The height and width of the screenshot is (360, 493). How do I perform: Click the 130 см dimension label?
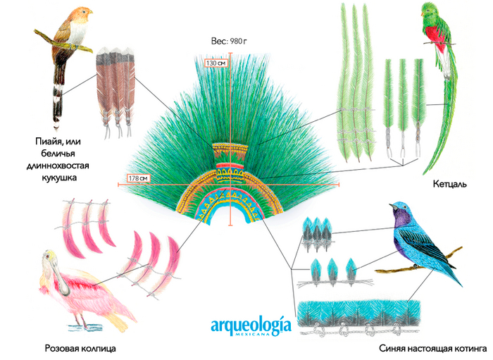[x=216, y=63]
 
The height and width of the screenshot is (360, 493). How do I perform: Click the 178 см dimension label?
[x=138, y=178]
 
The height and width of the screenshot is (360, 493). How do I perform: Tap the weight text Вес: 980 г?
[x=230, y=42]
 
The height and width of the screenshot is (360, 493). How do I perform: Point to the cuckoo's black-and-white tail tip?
[x=55, y=106]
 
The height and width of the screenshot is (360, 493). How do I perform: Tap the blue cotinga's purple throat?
[x=404, y=223]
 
